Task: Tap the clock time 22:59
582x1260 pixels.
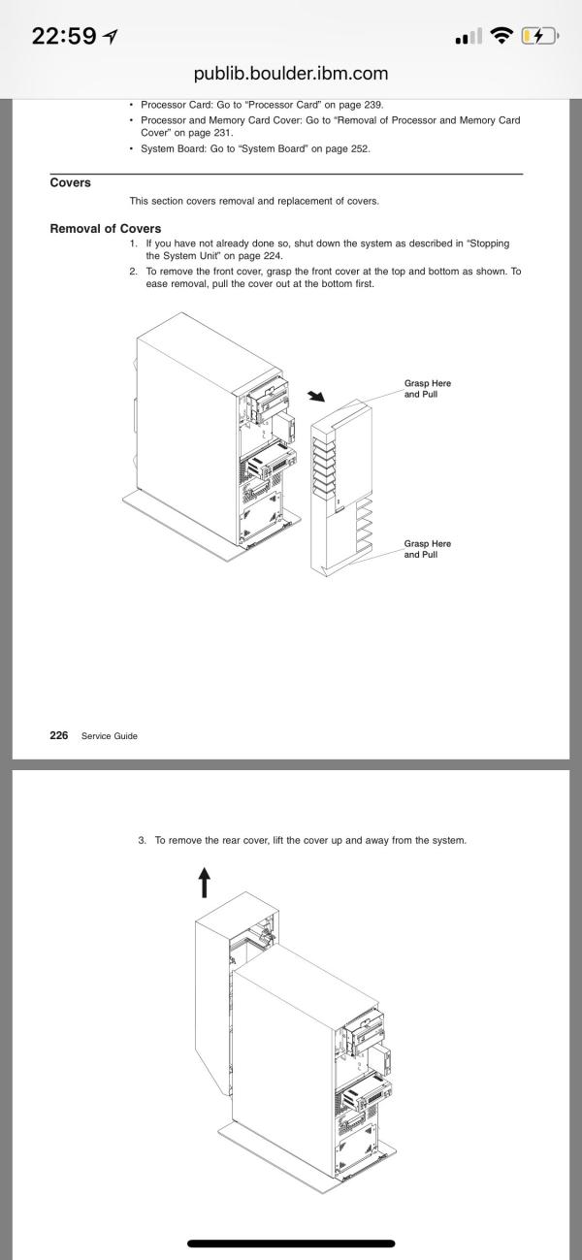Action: coord(64,37)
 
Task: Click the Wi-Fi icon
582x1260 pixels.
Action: coord(501,36)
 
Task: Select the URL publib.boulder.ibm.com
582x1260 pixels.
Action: coord(291,73)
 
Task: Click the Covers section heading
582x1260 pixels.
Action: coord(70,182)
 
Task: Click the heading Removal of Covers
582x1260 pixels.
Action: coord(106,228)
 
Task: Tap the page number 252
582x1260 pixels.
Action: coord(360,149)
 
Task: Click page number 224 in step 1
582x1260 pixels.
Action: coord(273,256)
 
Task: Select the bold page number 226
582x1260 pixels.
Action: coord(59,735)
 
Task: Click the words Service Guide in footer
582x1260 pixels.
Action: coord(109,736)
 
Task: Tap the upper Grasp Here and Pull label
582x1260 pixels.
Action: coord(428,389)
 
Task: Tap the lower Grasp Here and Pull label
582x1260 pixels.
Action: coord(428,549)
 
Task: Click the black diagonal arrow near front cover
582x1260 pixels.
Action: coord(316,396)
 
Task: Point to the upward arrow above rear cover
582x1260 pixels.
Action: coord(205,882)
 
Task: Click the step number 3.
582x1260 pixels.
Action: coord(142,840)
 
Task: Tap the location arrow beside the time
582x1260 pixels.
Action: coord(111,37)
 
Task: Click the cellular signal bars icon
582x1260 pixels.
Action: coord(469,37)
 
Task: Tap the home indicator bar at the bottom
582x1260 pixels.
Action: coord(291,1244)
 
